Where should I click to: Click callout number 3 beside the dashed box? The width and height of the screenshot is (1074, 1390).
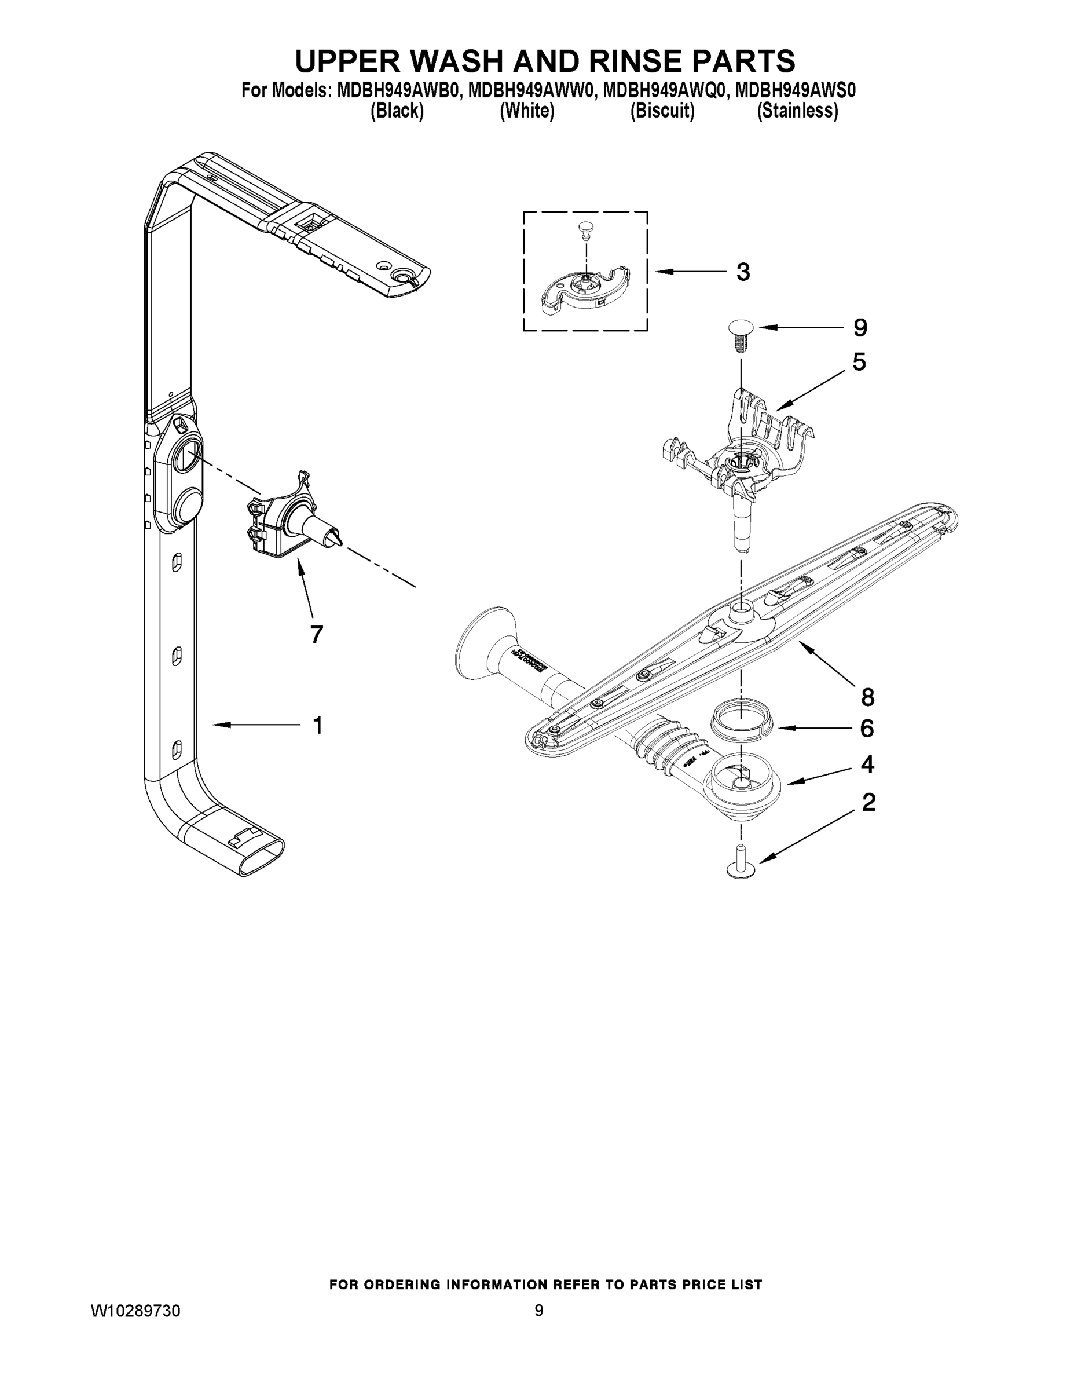pos(742,272)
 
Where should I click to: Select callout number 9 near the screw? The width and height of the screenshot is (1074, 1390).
pos(860,328)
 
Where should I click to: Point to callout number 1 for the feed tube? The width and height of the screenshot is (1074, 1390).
pos(317,725)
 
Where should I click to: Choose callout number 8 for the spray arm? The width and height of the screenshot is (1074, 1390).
pos(867,697)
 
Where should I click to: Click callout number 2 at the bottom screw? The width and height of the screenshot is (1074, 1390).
pos(868,803)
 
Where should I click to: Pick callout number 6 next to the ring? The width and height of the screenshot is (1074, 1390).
pos(867,729)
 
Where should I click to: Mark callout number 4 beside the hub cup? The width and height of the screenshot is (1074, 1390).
pos(867,765)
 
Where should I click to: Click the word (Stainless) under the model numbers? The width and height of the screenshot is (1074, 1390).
pos(797,111)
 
